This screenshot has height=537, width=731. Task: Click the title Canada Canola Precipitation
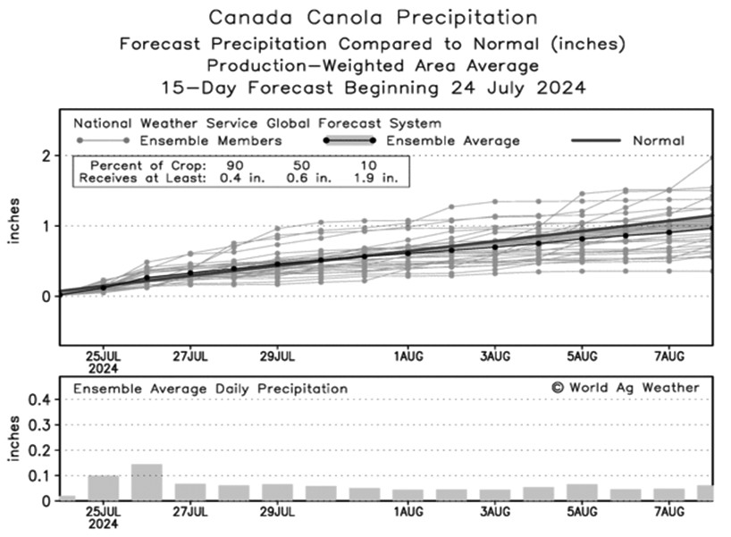pyautogui.click(x=373, y=17)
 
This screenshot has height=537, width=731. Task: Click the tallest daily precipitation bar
pyautogui.click(x=147, y=482)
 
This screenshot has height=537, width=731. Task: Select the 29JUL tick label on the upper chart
pyautogui.click(x=277, y=356)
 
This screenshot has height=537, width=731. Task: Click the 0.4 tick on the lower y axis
pyautogui.click(x=38, y=399)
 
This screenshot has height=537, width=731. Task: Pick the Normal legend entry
pyautogui.click(x=659, y=140)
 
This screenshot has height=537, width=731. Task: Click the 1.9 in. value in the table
pyautogui.click(x=382, y=179)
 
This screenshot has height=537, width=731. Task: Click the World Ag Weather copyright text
pyautogui.click(x=625, y=387)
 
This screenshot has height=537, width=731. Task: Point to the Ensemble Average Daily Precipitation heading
pyautogui.click(x=211, y=389)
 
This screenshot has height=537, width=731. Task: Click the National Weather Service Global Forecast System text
pyautogui.click(x=257, y=123)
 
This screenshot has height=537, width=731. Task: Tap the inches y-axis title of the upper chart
pyautogui.click(x=15, y=226)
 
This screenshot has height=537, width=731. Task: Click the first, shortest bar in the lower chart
pyautogui.click(x=67, y=497)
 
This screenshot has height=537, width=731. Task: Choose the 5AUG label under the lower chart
pyautogui.click(x=582, y=511)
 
